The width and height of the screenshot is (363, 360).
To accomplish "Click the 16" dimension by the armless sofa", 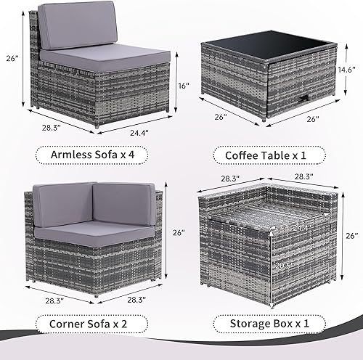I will (x=185, y=85).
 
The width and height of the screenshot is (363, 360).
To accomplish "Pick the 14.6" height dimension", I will (x=347, y=70).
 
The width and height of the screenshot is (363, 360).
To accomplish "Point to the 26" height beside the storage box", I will (x=351, y=236).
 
